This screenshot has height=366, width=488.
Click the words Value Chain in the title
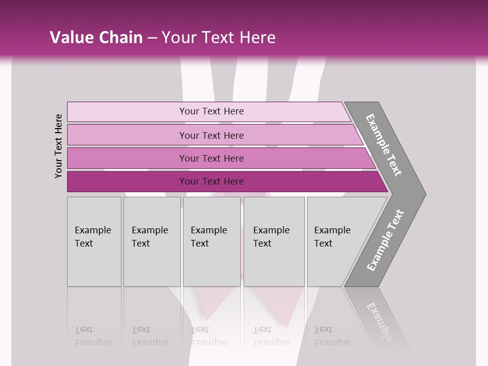click(x=97, y=37)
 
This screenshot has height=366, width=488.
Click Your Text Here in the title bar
click(x=219, y=37)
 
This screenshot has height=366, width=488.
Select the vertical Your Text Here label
click(x=58, y=146)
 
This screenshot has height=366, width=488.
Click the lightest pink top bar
click(x=127, y=111)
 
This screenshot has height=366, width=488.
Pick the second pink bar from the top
click(x=127, y=135)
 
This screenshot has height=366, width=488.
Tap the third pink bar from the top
click(x=127, y=158)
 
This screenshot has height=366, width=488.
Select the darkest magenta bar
click(x=127, y=181)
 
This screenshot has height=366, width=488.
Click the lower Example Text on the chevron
click(x=385, y=240)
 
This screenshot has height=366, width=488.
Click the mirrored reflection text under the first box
click(x=93, y=336)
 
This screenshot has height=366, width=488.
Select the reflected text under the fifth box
click(x=332, y=336)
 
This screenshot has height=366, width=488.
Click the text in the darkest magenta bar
click(x=211, y=181)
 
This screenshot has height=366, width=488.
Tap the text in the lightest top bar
click(x=211, y=111)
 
